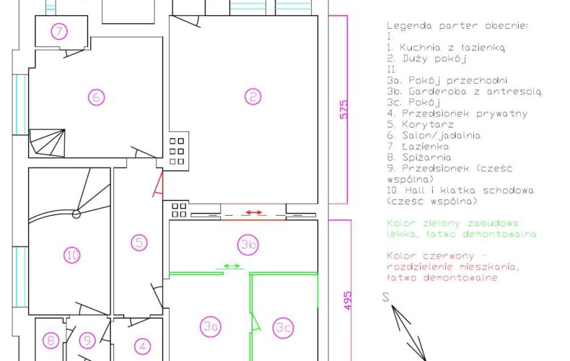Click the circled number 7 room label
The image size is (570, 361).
(x=59, y=31)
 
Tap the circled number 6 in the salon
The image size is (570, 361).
(x=97, y=97)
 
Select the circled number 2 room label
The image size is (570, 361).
(x=253, y=97)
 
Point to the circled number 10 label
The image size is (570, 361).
(x=72, y=255)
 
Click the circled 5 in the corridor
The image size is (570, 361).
(x=139, y=243)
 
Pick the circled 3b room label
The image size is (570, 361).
(x=248, y=245)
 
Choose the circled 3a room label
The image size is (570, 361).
(x=211, y=326)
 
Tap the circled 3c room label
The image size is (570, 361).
(x=284, y=328)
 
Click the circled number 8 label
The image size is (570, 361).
(x=51, y=341)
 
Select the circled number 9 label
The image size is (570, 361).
(x=87, y=340)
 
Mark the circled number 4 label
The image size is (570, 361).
(x=143, y=346)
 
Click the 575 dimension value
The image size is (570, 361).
(x=344, y=109)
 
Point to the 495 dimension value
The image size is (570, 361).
(x=348, y=300)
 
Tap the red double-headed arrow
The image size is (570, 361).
(x=254, y=212)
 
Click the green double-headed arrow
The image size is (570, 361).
(x=232, y=266)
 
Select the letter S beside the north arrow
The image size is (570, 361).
(x=386, y=297)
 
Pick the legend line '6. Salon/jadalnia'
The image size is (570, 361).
(x=434, y=136)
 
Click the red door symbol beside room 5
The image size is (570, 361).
(x=158, y=185)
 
